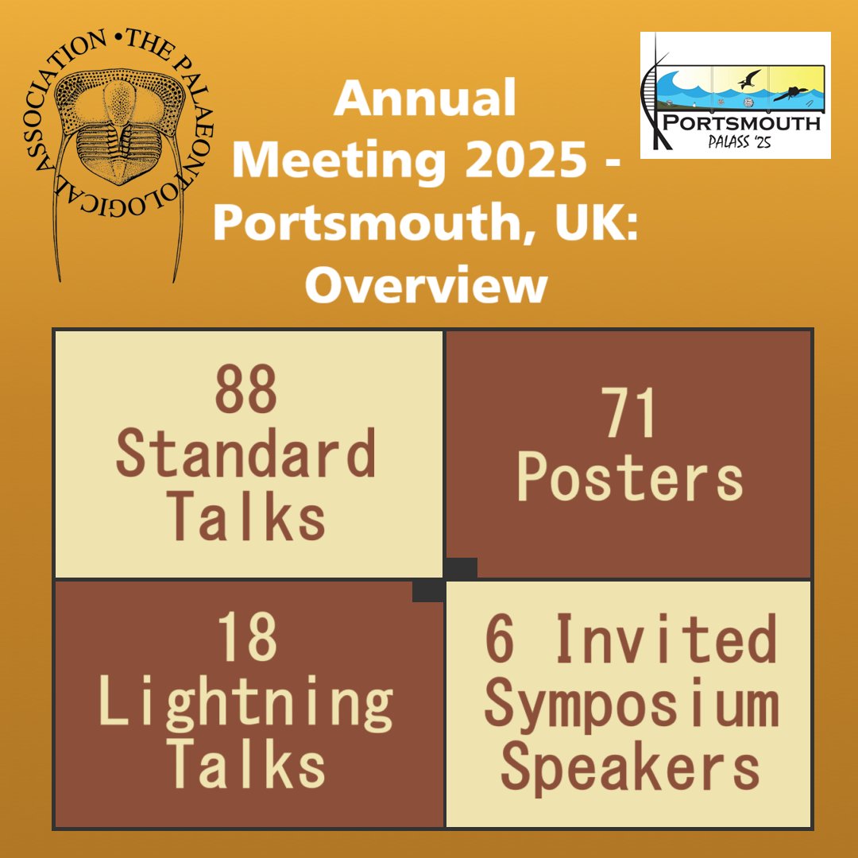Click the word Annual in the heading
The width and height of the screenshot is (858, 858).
[x=426, y=99]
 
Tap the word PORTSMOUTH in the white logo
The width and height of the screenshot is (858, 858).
[x=743, y=123]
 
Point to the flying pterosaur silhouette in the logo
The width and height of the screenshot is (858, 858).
[x=748, y=79]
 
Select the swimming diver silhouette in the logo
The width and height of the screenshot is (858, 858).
[x=791, y=91]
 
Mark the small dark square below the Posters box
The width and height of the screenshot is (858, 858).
[x=461, y=568]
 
